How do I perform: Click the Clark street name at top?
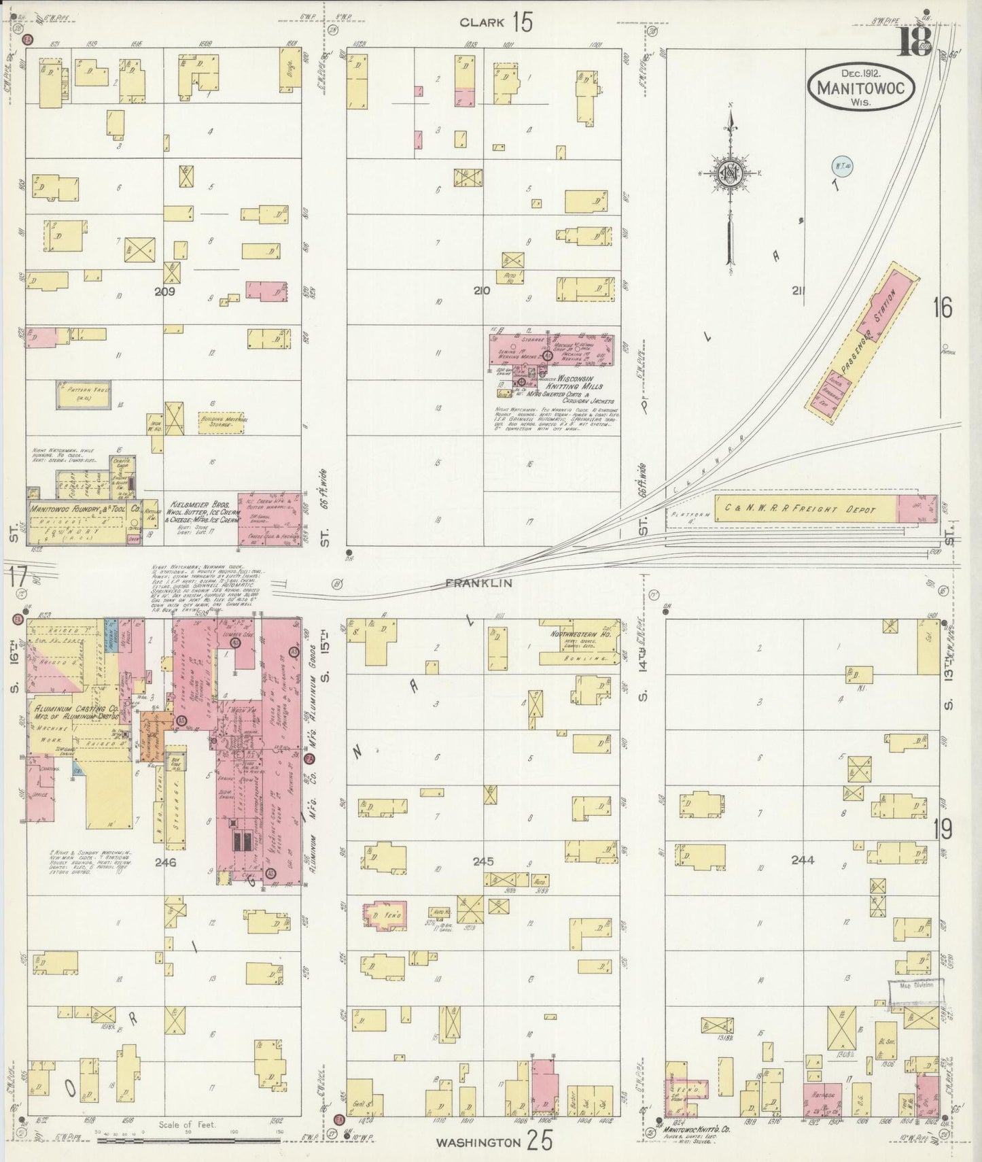482,22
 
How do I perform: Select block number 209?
164,291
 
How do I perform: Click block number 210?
481,291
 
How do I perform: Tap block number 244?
803,860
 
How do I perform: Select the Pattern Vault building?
84,395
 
